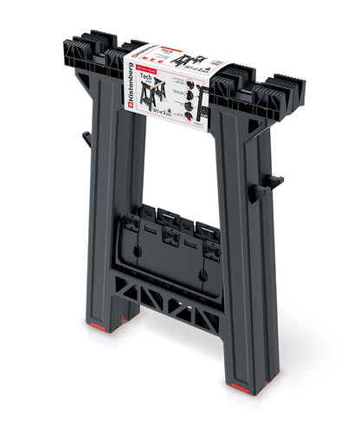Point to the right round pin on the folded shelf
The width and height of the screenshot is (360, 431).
(202, 276)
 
